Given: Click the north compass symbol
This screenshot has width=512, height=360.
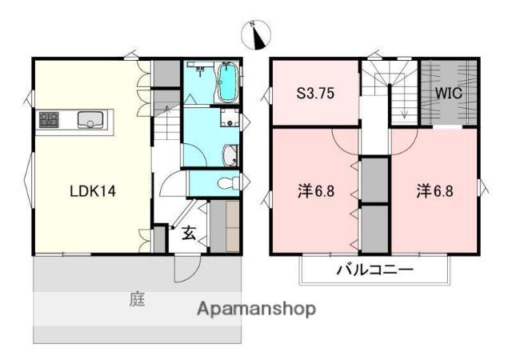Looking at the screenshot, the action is (256, 35).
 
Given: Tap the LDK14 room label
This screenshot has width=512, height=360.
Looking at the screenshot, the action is (93, 191).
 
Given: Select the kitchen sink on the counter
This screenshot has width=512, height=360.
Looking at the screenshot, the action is (90, 119).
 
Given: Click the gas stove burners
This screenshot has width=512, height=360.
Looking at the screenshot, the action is (49, 120).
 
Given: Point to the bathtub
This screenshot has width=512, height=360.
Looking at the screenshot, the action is (227, 82).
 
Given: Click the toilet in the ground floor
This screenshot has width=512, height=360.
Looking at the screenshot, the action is (229, 182).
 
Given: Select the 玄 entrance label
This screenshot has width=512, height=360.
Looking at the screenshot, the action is (189, 234).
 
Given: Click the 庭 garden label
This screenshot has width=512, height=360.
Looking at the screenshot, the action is (137, 299).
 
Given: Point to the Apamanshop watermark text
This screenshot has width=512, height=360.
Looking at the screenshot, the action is (256, 309).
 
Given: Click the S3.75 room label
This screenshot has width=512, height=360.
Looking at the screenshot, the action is (315, 94).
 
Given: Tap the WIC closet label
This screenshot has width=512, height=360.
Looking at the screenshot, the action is (448, 94).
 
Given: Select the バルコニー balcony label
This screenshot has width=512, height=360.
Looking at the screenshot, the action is (375, 270).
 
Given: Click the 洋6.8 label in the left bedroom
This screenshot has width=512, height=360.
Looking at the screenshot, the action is (316, 191).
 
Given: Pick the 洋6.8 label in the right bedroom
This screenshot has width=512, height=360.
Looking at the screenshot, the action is (434, 191).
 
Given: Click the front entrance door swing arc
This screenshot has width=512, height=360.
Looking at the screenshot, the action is (191, 274).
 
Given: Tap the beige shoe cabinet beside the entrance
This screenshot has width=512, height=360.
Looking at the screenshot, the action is (233, 226).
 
